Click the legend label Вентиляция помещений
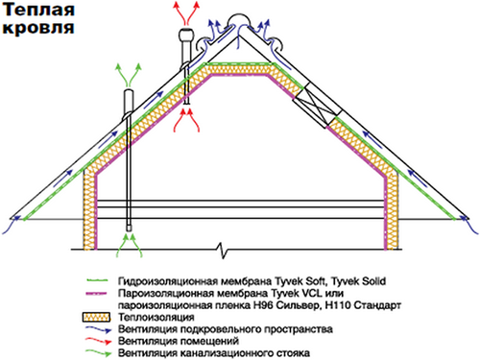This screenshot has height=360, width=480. pos(178,341)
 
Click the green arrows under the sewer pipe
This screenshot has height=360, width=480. pos(128,245)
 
